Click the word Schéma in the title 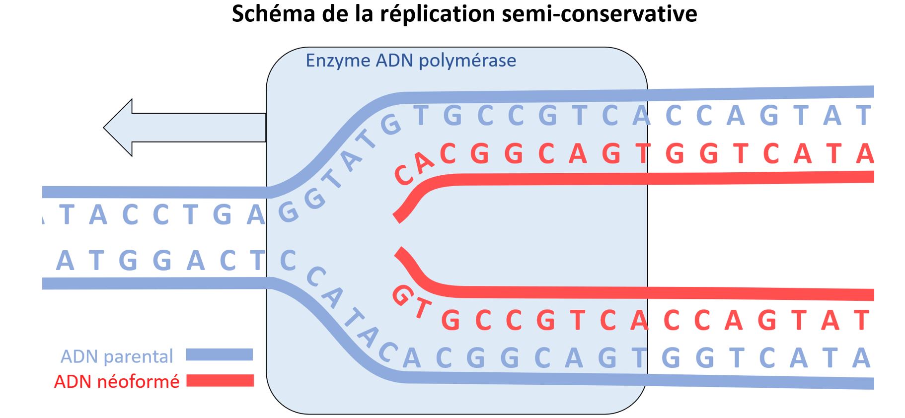click(x=274, y=14)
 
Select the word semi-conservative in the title click(x=600, y=14)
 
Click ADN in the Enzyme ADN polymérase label click(x=394, y=61)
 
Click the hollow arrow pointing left click(x=184, y=128)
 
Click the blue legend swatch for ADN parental click(x=220, y=354)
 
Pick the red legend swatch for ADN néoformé click(x=220, y=381)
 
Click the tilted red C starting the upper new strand click(x=405, y=175)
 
